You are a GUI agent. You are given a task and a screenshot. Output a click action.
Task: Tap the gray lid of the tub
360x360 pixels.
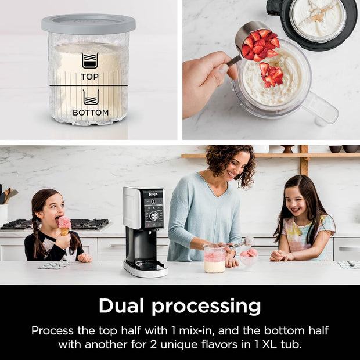point(88,23)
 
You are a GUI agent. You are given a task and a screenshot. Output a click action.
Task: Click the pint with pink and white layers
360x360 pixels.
point(214,258)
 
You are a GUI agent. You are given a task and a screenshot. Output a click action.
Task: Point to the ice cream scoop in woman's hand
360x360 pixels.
point(244,242)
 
